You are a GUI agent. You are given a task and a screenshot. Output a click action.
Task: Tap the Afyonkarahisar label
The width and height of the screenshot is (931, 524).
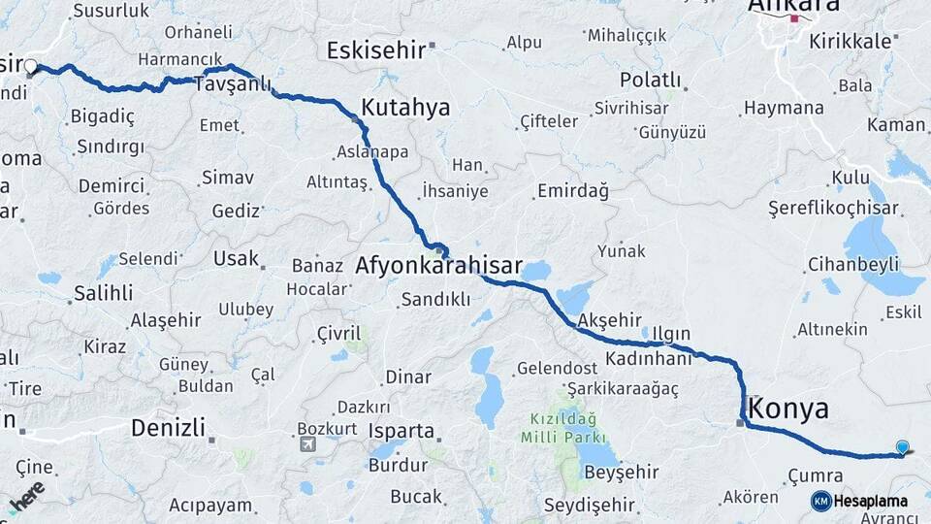pos(439,265)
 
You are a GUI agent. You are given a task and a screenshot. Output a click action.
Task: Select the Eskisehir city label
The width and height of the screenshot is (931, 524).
pos(377,50)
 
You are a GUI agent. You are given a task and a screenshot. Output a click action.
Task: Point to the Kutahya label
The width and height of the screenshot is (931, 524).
pos(405,108)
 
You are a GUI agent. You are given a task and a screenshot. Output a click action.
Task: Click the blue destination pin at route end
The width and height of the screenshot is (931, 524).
pos(903,447)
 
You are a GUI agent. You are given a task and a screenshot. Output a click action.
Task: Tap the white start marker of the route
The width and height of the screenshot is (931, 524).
pos(30,67)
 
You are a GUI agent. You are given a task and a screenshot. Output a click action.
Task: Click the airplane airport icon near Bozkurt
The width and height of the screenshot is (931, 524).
pos(308,444)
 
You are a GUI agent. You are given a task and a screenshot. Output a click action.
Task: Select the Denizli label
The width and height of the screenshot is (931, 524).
pos(168,427)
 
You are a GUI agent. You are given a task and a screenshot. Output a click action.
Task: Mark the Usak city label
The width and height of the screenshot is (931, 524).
pos(237,258)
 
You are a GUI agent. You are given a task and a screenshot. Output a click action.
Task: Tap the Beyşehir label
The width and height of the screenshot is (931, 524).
pos(621,473)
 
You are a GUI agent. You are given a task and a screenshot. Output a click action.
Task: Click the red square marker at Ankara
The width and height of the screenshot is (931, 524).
pos(795,18)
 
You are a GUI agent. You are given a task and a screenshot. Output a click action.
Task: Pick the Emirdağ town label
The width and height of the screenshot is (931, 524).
pos(575,191)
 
